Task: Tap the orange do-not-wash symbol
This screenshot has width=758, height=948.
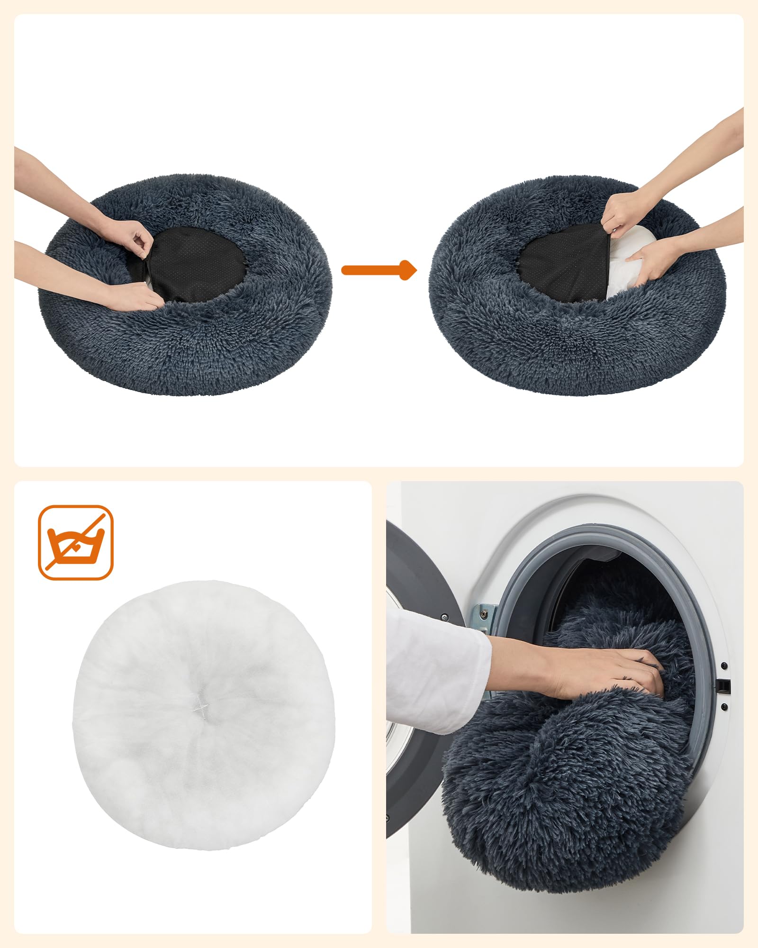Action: [x=75, y=542]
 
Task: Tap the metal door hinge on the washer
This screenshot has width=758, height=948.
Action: [x=484, y=616]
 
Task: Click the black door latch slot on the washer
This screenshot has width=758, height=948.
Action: [x=723, y=685]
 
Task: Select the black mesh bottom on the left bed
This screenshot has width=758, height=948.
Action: [x=199, y=263]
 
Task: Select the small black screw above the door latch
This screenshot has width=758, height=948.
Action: [x=724, y=665]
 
